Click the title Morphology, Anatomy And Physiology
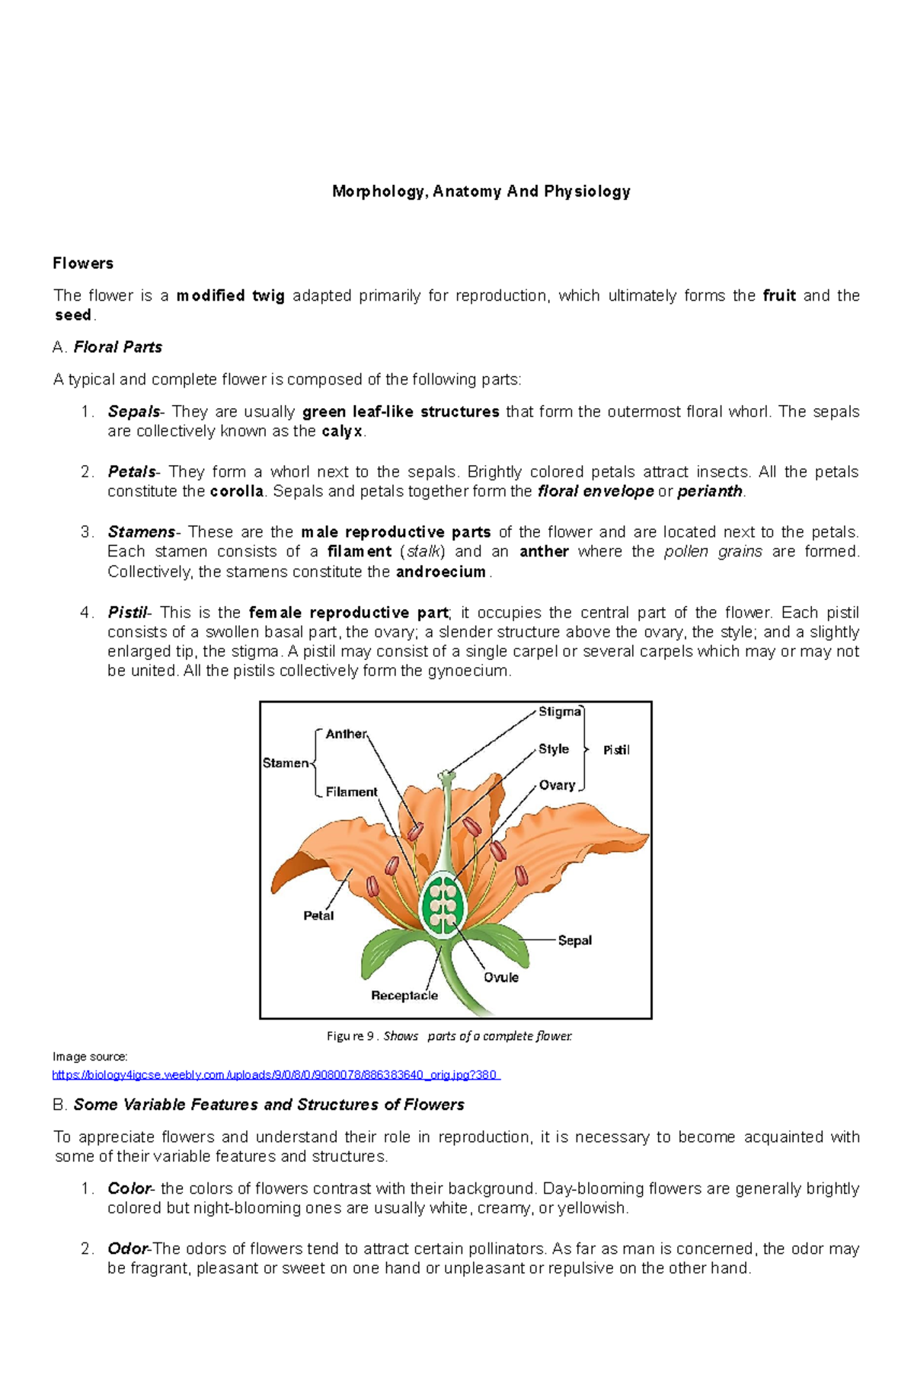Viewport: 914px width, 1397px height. point(481,191)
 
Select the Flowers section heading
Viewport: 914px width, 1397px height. point(83,263)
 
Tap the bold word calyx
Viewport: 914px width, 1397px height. point(342,432)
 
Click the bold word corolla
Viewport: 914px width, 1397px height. point(236,492)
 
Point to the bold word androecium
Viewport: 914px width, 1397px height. point(441,572)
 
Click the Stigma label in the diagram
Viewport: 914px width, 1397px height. point(560,712)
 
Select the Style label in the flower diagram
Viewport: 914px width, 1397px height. point(554,749)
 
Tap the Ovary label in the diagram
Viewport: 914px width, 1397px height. point(557,785)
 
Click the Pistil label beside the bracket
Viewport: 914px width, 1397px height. point(616,750)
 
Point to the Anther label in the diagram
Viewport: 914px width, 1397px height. point(347,734)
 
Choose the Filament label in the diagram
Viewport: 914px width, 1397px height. point(351,792)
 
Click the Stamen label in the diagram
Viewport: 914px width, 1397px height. point(286,763)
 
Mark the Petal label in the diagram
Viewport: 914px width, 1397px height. point(318,916)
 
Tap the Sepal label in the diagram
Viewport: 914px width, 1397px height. point(574,940)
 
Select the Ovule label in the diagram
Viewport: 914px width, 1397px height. point(501,978)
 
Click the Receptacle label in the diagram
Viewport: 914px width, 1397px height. point(404,996)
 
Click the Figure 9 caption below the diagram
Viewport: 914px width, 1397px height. point(449,1036)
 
